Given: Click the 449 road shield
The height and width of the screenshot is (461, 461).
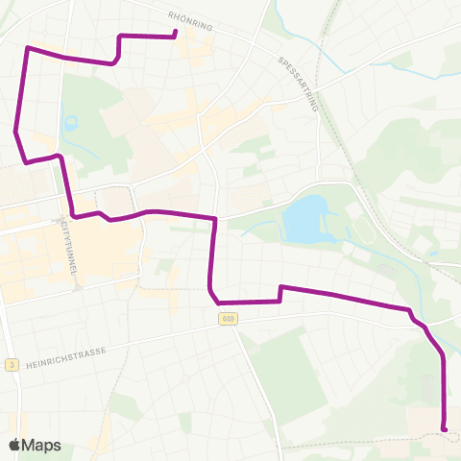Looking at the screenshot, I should pos(227,319).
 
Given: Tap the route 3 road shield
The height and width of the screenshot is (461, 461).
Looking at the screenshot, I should pos(11,364).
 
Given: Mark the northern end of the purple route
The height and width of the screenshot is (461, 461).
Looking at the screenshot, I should pos(176,36).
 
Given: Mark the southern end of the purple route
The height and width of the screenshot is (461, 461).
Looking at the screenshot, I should pos(444,428).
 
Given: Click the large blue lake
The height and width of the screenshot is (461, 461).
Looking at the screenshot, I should pos(305,220).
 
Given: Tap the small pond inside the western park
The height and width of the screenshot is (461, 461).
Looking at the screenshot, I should pos(69,124).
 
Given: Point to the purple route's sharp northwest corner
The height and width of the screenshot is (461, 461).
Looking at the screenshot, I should pos(27,47).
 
